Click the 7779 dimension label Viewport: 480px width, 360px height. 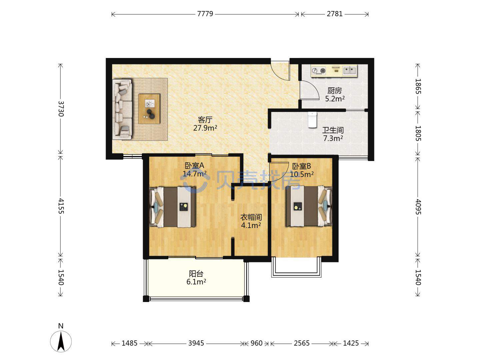point(205,14)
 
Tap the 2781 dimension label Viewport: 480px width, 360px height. point(335,14)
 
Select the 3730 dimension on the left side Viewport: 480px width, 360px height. point(61,109)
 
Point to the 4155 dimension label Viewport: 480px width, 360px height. point(61,206)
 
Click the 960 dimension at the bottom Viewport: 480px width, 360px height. point(256,343)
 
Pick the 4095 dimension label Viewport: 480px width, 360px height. point(418,207)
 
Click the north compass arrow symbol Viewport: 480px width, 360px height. point(61,341)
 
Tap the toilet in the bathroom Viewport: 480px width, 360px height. point(312,120)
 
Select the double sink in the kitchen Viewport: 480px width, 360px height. point(350,70)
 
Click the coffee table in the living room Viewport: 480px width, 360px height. point(149,109)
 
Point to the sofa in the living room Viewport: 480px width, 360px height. point(122,109)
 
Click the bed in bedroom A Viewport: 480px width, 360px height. point(172,207)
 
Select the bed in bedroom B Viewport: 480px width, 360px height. point(309,206)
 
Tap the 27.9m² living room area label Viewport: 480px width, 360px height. point(205,128)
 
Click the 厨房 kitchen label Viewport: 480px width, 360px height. point(334,90)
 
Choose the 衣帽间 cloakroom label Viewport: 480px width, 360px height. point(251,217)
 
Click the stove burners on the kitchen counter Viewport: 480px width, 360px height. point(319,71)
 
